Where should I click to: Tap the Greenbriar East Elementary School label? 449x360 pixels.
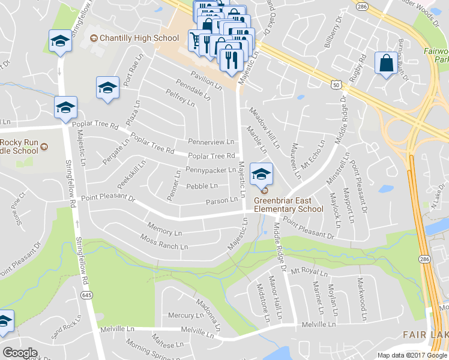[288, 205]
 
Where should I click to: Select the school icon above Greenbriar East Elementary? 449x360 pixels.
[261, 175]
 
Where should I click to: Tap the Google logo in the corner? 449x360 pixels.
[20, 353]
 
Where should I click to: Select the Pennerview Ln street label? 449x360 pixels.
[211, 142]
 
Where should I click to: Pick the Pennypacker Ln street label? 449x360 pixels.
[211, 170]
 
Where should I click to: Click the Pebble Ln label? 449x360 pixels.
[202, 187]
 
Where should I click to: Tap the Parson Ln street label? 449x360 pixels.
[222, 201]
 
